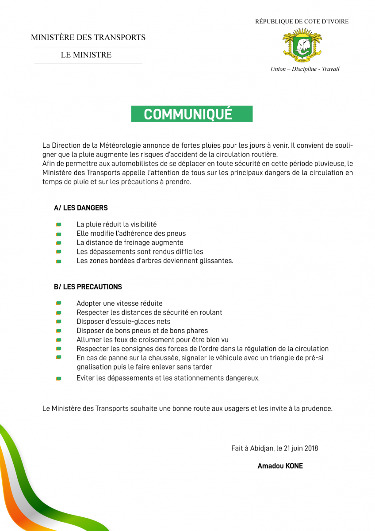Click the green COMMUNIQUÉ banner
[x=191, y=114]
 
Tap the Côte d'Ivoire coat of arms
[x=302, y=44]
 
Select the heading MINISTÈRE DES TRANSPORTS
[x=88, y=38]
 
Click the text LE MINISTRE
[x=86, y=55]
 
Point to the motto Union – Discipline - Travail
[x=305, y=69]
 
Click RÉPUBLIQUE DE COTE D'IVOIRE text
[x=302, y=22]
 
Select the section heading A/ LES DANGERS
[x=80, y=208]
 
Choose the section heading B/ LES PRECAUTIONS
[x=88, y=287]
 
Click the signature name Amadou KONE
[x=280, y=466]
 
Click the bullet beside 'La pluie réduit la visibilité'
[x=58, y=225]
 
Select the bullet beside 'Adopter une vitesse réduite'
[x=58, y=304]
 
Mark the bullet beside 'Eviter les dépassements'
[x=58, y=379]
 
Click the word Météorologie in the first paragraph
[x=122, y=146]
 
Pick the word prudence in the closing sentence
[x=316, y=408]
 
